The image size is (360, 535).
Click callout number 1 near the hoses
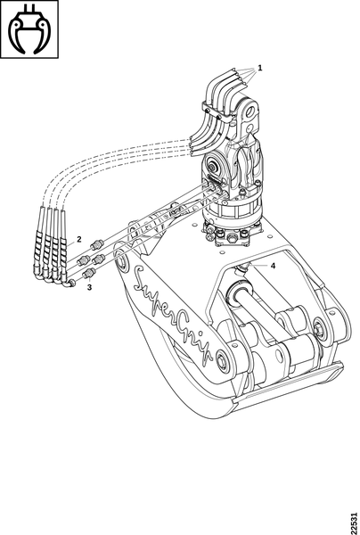[260, 68]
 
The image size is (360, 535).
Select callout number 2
[79, 239]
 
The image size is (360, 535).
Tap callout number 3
[89, 287]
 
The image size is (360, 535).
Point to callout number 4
[273, 266]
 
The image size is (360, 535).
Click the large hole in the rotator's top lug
[252, 111]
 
